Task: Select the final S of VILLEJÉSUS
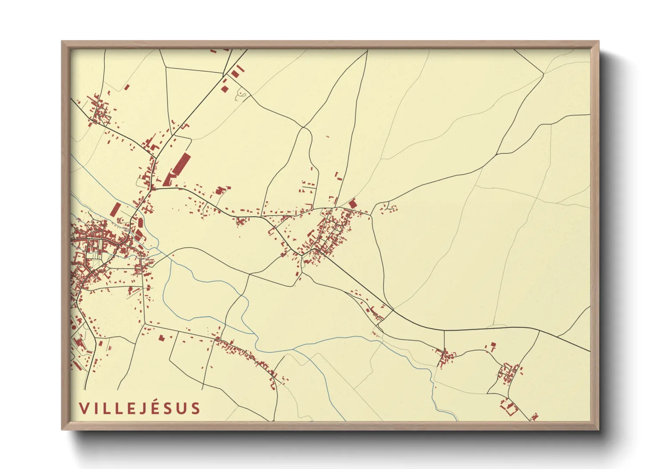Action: coord(195,408)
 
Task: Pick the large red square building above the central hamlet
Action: coord(353,203)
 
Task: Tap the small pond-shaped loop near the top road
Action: coord(242,94)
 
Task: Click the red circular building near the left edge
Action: coord(74,327)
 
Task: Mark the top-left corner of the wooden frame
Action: coord(62,42)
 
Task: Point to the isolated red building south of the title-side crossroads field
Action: coord(161,338)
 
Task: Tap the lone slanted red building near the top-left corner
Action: coord(127,87)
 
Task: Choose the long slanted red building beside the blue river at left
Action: coord(116,209)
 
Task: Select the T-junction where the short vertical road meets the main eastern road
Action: coord(444,330)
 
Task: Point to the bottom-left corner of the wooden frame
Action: coord(62,429)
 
